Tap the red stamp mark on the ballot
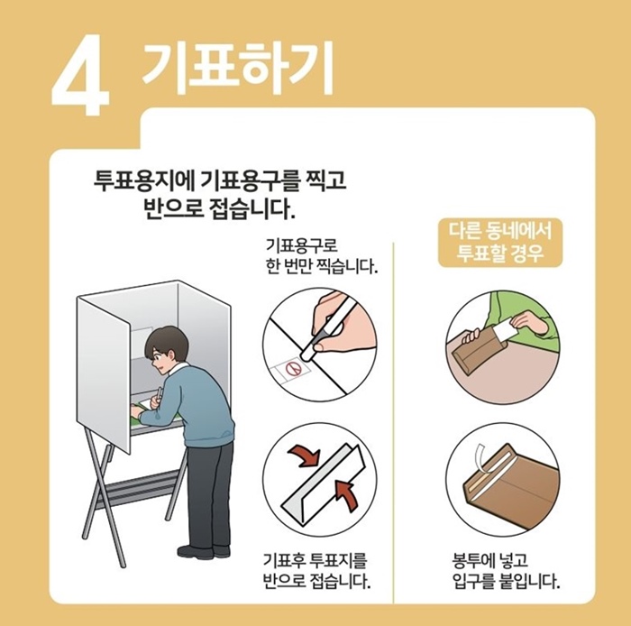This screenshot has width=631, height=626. (291, 368)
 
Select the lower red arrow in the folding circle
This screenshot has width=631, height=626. (343, 493)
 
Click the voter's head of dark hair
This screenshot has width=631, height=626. (168, 343)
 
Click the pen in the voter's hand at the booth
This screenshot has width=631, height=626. (160, 394)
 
